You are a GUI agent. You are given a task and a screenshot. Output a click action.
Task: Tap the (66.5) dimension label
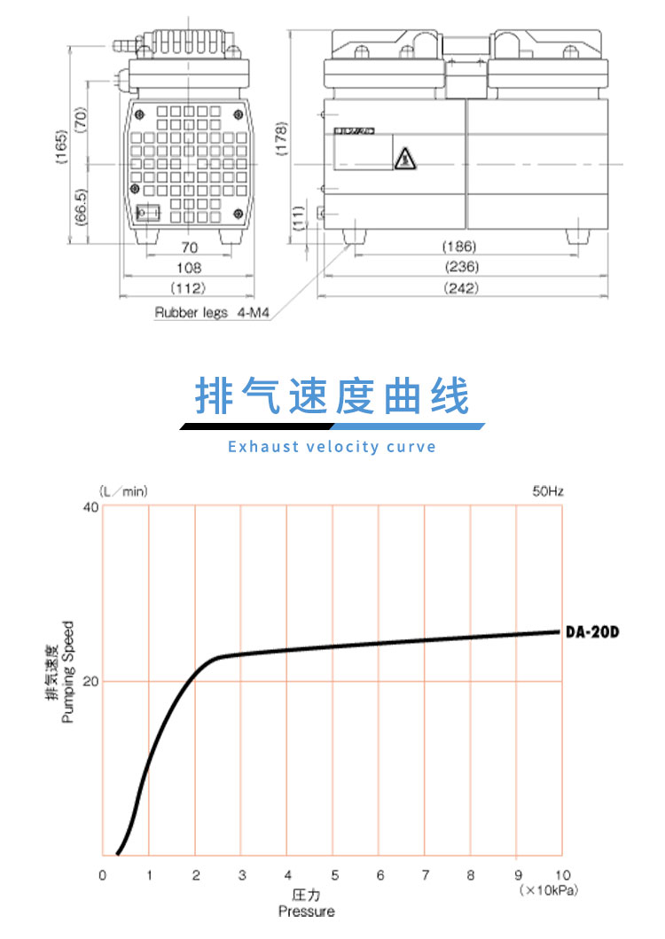point(81,207)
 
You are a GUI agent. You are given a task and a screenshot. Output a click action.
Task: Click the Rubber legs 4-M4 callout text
point(211,313)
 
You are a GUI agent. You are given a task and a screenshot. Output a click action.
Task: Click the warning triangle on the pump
point(404,158)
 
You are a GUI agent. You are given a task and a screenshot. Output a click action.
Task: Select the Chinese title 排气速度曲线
point(332,398)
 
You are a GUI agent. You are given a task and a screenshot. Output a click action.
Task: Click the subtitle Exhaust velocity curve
point(332,446)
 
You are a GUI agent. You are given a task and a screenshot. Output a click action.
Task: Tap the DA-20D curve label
point(591,632)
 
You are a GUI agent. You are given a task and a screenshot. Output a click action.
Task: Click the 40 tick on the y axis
point(90,507)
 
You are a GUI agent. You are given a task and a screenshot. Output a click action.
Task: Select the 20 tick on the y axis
point(90,681)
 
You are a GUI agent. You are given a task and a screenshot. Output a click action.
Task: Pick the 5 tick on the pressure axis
point(333,876)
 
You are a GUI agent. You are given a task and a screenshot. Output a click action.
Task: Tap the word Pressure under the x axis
point(307,912)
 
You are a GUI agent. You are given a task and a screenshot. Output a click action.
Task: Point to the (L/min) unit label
point(122,489)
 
